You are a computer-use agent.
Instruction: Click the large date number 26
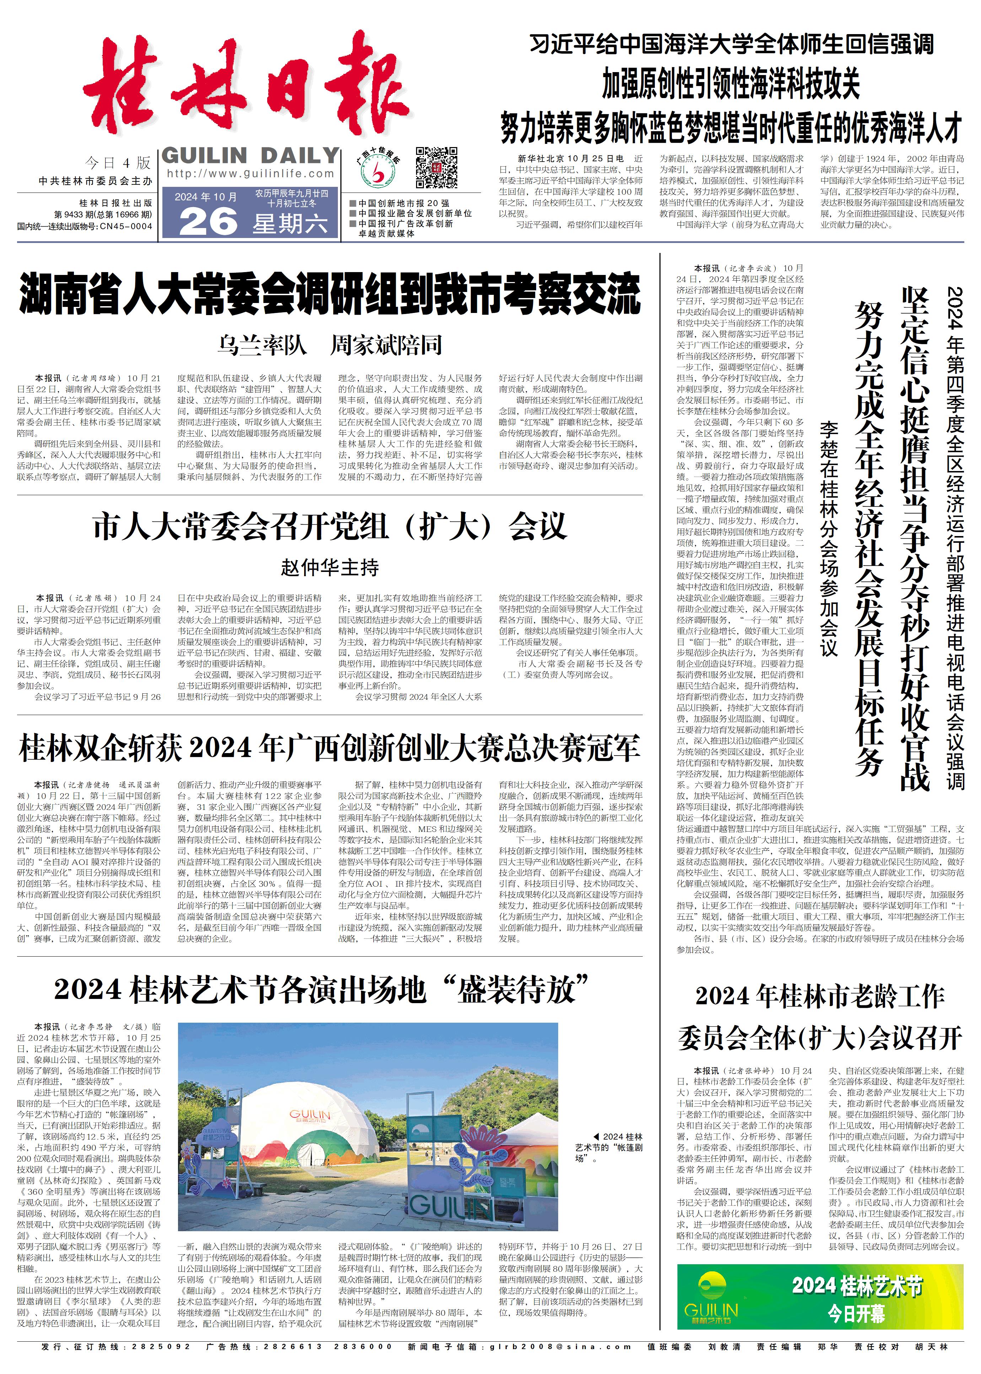point(209,221)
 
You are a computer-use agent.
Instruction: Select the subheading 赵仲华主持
point(329,567)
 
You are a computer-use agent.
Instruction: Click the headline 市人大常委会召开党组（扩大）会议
point(329,526)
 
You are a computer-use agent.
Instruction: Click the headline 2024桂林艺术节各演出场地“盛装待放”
point(321,989)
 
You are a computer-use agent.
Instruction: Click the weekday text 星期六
point(290,224)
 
